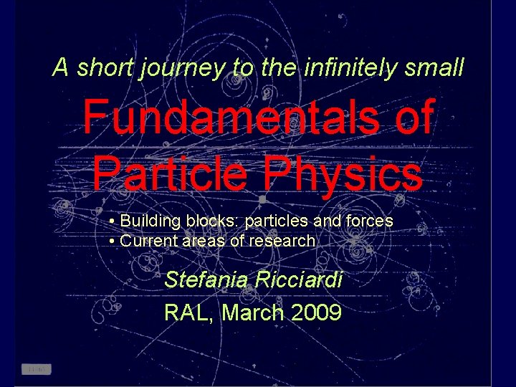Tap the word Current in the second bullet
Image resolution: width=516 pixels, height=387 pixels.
(x=148, y=241)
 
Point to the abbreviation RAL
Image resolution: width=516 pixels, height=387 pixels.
(x=188, y=312)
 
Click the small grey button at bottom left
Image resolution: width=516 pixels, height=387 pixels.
(x=37, y=369)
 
